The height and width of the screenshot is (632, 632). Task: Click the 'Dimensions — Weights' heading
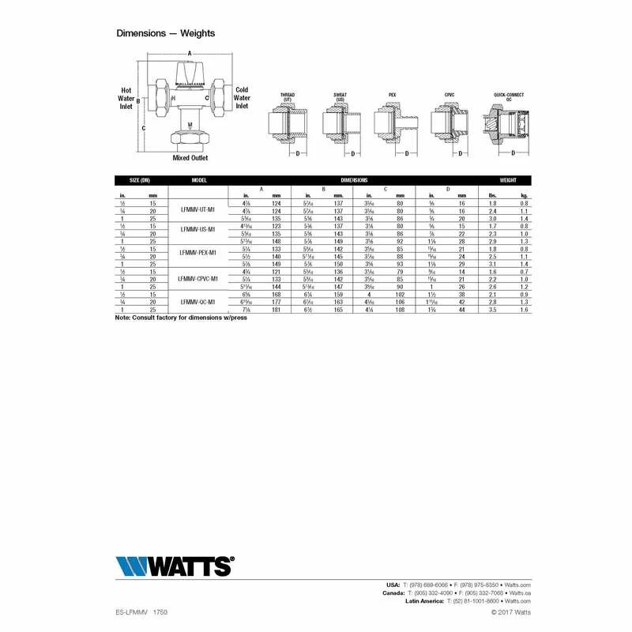(x=165, y=33)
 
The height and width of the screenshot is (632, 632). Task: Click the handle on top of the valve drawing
(x=190, y=74)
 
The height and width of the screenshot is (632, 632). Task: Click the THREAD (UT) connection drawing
(x=289, y=122)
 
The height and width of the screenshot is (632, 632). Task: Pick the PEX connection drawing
(x=393, y=122)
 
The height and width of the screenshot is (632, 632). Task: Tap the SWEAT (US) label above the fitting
(x=340, y=97)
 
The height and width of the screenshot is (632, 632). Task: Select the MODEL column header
(x=199, y=180)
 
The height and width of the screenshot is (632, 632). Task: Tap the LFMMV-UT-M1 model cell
(x=199, y=210)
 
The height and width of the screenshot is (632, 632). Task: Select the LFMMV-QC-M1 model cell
(x=199, y=301)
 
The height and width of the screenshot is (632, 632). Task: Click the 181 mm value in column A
(x=276, y=309)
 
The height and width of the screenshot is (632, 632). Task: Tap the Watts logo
(x=175, y=566)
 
